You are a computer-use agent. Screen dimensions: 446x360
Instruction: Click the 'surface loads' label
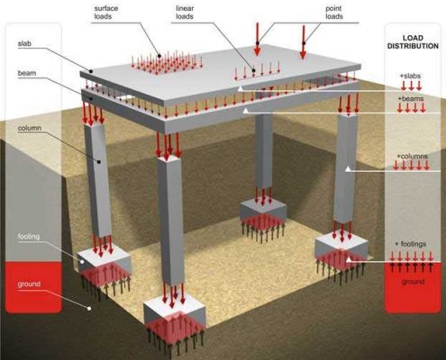[x=105, y=13]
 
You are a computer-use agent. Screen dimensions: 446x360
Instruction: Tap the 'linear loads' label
[x=185, y=13]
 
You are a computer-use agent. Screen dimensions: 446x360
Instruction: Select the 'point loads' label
[x=334, y=13]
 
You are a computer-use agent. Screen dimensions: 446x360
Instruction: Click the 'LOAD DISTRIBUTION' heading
[x=413, y=42]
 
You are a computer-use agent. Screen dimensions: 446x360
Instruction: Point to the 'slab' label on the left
[x=24, y=44]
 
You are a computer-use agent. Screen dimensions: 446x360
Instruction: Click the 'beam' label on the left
[x=27, y=73]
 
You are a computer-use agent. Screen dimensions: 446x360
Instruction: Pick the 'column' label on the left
[x=30, y=129]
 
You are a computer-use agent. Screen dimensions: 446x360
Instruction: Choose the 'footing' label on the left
[x=29, y=237]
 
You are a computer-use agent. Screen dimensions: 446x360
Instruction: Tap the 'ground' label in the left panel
[x=29, y=284]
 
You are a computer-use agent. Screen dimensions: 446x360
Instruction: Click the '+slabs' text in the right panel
[x=410, y=76]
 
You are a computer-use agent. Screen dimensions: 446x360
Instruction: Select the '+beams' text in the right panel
[x=411, y=98]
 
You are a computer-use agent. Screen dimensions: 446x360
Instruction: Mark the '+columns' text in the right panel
[x=412, y=157]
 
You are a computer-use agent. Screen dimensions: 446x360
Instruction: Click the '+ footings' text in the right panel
[x=411, y=244]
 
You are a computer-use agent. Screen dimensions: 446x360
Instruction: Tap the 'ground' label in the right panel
[x=413, y=282]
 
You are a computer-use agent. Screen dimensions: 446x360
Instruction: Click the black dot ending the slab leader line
[x=90, y=71]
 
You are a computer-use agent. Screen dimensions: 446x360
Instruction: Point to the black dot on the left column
[x=98, y=162]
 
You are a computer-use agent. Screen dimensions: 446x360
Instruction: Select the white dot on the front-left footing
[x=82, y=262]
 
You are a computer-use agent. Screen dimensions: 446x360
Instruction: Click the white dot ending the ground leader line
[x=89, y=308]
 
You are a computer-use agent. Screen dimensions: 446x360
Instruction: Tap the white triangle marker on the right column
[x=348, y=169]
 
